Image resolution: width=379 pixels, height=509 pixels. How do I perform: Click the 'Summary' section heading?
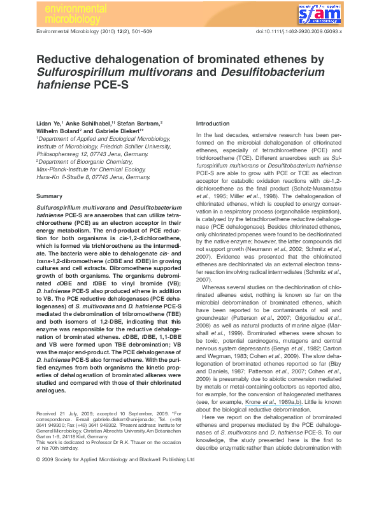click(49, 196)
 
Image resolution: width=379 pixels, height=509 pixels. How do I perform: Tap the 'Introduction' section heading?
click(213, 123)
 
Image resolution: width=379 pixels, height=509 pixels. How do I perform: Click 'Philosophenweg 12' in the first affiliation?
click(64, 154)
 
